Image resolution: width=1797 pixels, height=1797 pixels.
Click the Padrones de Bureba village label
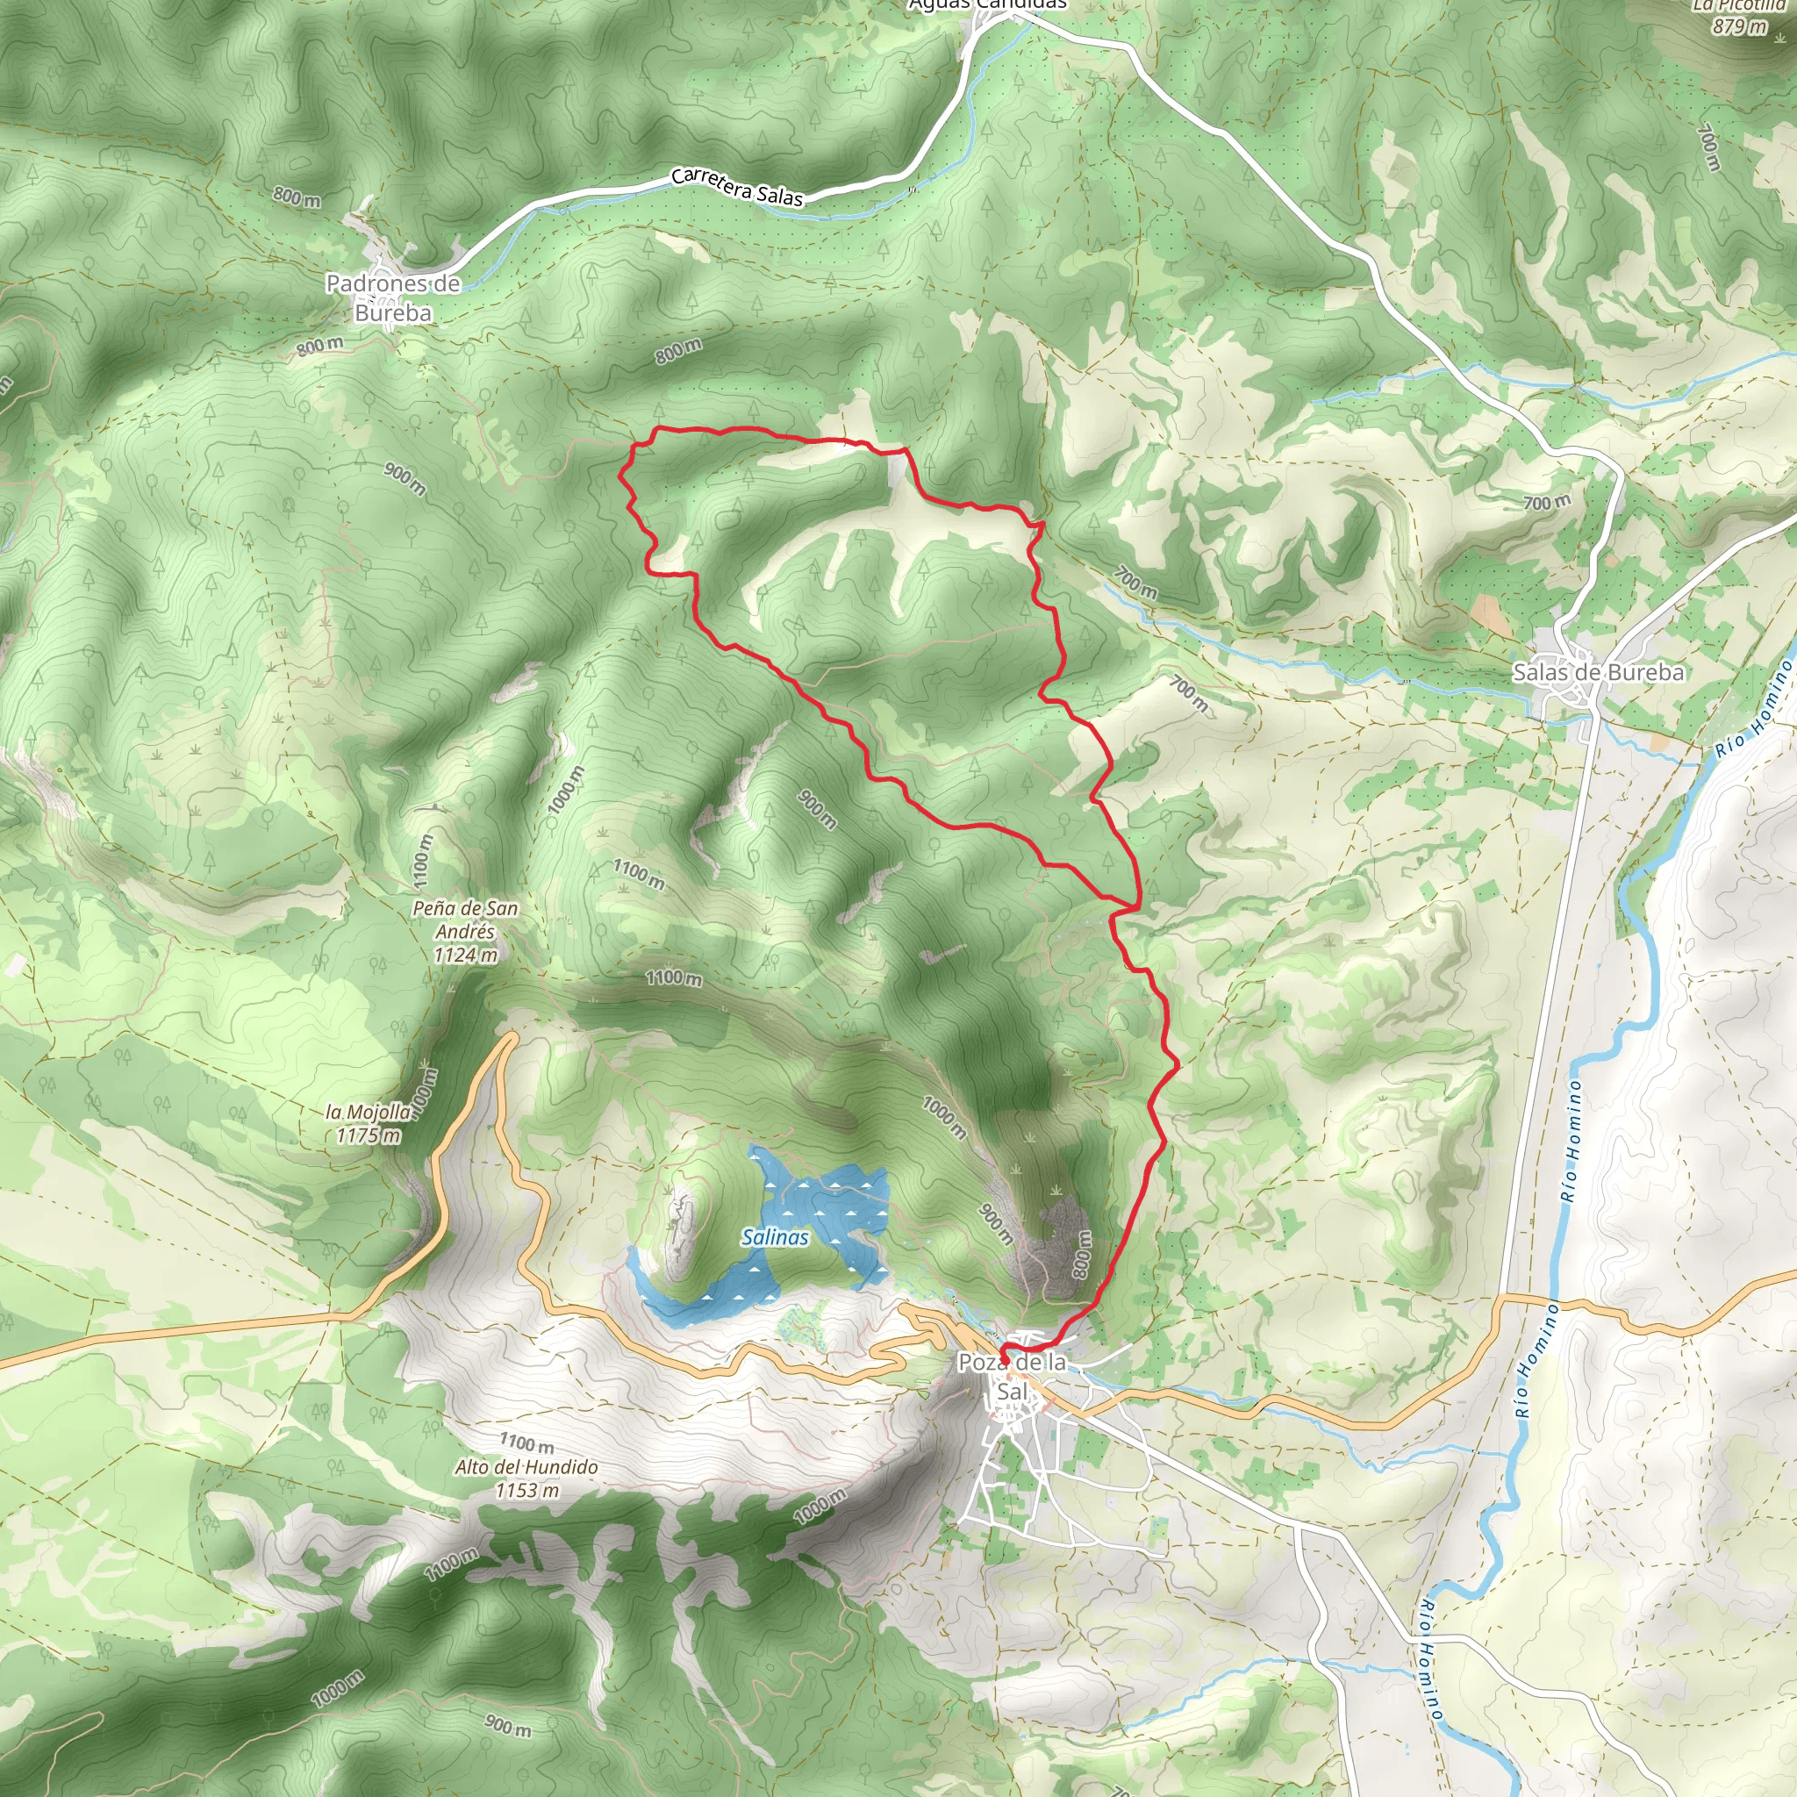click(392, 297)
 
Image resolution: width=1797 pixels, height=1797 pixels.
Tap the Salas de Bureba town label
click(1598, 671)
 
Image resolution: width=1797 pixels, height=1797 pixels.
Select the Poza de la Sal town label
click(1012, 1377)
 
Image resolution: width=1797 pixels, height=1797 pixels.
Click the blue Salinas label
click(775, 1237)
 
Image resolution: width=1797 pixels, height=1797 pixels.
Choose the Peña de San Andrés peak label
click(465, 919)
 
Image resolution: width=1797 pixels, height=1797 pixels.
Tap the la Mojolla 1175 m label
click(369, 1122)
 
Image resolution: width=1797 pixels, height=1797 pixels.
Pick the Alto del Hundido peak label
click(526, 1467)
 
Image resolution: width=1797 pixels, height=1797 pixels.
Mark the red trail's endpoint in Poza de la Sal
click(1004, 1361)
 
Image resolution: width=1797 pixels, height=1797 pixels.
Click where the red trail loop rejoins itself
click(1136, 905)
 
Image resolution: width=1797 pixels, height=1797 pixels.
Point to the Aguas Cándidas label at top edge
click(988, 4)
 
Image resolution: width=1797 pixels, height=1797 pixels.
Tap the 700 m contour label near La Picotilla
click(1709, 147)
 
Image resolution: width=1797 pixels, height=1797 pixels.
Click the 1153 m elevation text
click(527, 1490)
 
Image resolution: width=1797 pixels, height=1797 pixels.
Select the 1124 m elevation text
click(465, 955)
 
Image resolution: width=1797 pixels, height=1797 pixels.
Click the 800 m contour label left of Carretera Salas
click(297, 197)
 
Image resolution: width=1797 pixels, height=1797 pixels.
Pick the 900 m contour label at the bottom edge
click(508, 1725)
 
